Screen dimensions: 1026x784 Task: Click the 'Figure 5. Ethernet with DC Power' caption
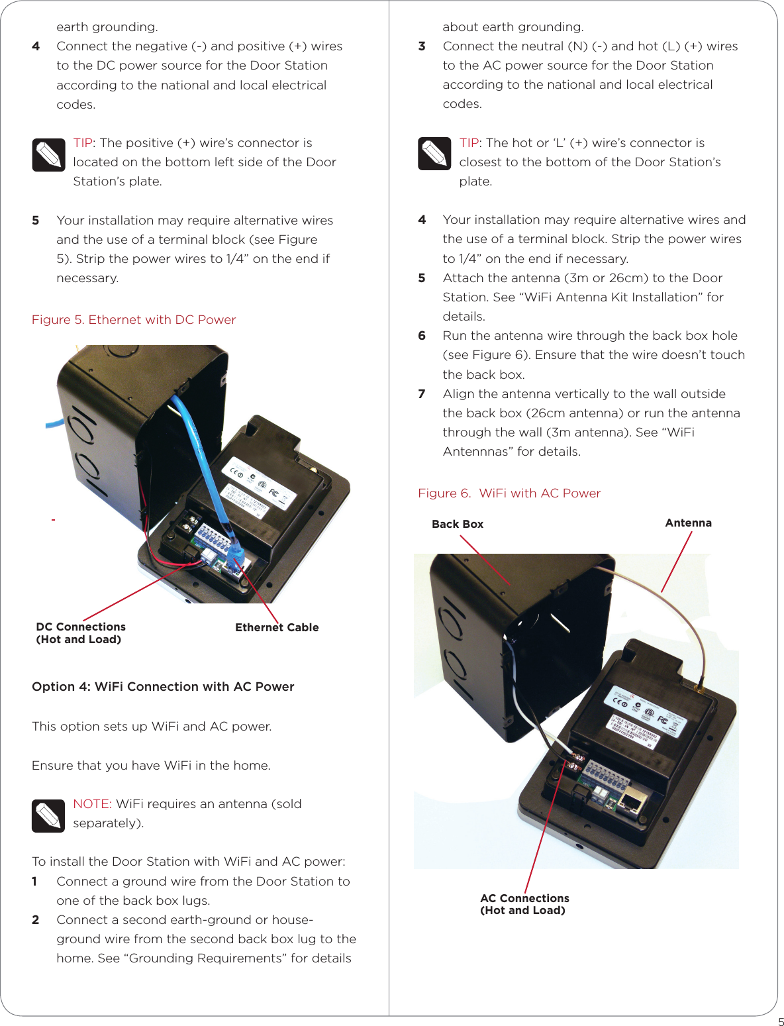134,320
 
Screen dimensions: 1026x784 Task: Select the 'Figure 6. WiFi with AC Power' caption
509,493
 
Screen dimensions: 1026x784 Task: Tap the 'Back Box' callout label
458,524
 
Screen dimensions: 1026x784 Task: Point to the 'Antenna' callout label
688,523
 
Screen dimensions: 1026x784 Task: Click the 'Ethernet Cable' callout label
277,627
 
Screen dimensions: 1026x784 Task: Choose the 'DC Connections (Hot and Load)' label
80,633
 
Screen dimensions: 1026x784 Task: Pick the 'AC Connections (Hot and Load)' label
524,904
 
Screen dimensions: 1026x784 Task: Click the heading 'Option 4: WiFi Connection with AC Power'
163,687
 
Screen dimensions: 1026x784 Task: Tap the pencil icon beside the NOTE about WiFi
48,816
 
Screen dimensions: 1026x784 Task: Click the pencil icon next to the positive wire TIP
48,155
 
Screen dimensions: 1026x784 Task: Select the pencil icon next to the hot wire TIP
434,154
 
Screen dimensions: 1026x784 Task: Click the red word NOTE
91,804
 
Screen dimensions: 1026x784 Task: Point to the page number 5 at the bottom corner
780,1021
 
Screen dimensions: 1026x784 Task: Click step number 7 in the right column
422,394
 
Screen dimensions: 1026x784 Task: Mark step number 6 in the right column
422,336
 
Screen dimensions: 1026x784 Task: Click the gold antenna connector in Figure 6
699,689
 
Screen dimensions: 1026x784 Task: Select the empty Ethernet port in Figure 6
632,803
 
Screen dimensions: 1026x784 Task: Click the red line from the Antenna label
676,562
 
